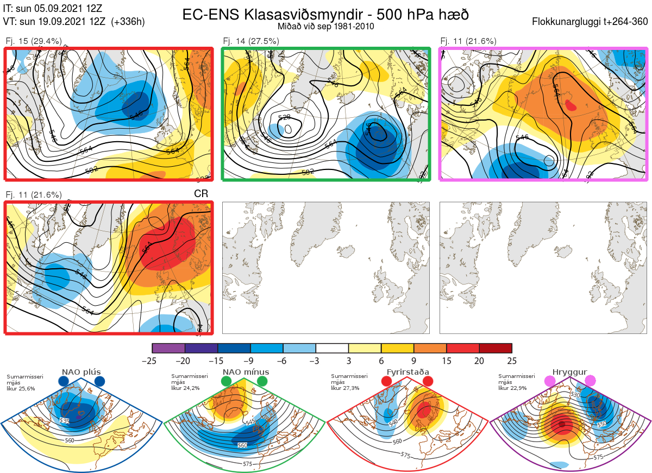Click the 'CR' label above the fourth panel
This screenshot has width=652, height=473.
[x=201, y=194]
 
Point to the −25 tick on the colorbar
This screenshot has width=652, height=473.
[x=153, y=361]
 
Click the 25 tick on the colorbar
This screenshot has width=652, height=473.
[x=512, y=361]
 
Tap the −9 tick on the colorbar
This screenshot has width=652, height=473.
[x=250, y=361]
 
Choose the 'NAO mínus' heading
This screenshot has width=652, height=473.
[x=246, y=372]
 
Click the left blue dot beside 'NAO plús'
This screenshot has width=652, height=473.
[x=64, y=382]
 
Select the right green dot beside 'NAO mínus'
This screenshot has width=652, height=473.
[x=263, y=382]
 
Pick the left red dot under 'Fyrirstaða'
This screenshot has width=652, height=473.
[x=387, y=382]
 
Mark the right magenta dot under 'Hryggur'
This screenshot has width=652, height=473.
[x=590, y=382]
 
